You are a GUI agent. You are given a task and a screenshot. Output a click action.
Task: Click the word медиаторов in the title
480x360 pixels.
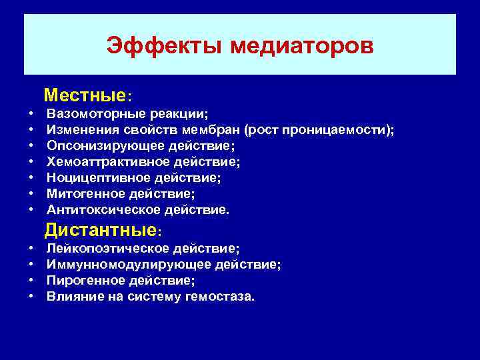click(302, 47)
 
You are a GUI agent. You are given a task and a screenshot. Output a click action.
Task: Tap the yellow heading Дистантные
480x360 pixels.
click(100, 231)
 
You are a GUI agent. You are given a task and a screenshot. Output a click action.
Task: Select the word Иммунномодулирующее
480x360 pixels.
click(118, 264)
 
